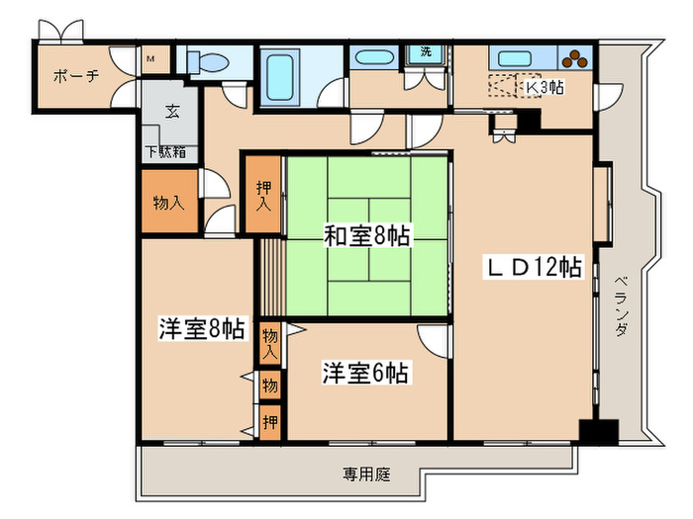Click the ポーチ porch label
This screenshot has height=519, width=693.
point(75,75)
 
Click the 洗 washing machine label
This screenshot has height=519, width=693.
point(426,51)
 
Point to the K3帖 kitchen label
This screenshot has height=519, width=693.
point(544,86)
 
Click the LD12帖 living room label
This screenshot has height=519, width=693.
point(532,267)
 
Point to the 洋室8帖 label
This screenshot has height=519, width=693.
point(201,329)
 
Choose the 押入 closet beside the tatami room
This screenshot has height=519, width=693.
point(263,194)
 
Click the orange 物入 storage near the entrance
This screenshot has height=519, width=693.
point(168,203)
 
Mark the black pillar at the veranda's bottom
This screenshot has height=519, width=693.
point(598,432)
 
